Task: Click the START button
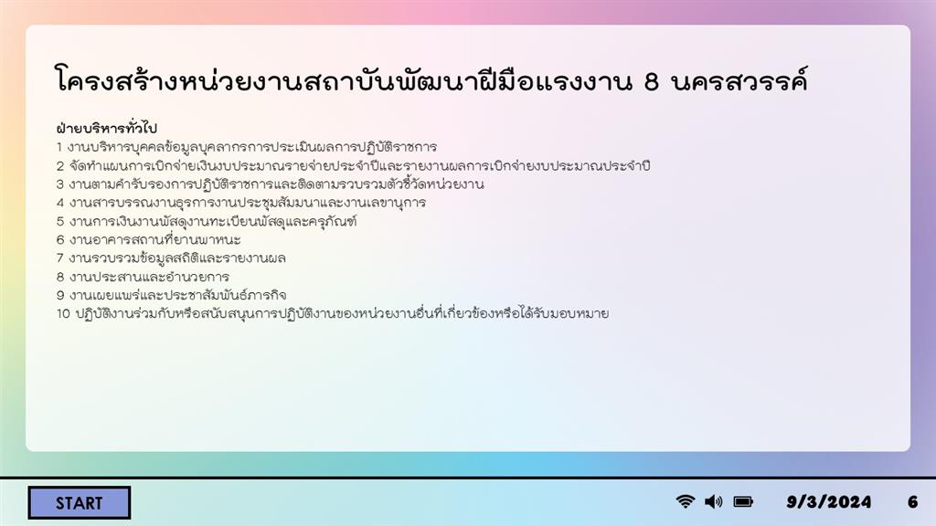pyautogui.click(x=79, y=503)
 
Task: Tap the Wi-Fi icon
pyautogui.click(x=686, y=501)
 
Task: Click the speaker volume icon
pyautogui.click(x=713, y=501)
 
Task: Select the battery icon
pyautogui.click(x=743, y=501)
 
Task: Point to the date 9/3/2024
pyautogui.click(x=828, y=502)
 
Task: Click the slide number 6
pyautogui.click(x=913, y=502)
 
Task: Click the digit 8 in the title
pyautogui.click(x=651, y=81)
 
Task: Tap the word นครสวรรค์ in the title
pyautogui.click(x=739, y=79)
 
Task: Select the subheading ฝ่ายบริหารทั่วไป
pyautogui.click(x=106, y=128)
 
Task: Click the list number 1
pyautogui.click(x=59, y=147)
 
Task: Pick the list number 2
pyautogui.click(x=60, y=166)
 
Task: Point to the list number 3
pyautogui.click(x=60, y=184)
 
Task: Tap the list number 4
pyautogui.click(x=60, y=203)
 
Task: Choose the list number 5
pyautogui.click(x=60, y=221)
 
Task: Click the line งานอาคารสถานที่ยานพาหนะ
pyautogui.click(x=155, y=240)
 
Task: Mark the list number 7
pyautogui.click(x=60, y=258)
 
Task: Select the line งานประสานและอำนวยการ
pyautogui.click(x=149, y=277)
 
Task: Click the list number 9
pyautogui.click(x=60, y=295)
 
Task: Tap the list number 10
pyautogui.click(x=63, y=314)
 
